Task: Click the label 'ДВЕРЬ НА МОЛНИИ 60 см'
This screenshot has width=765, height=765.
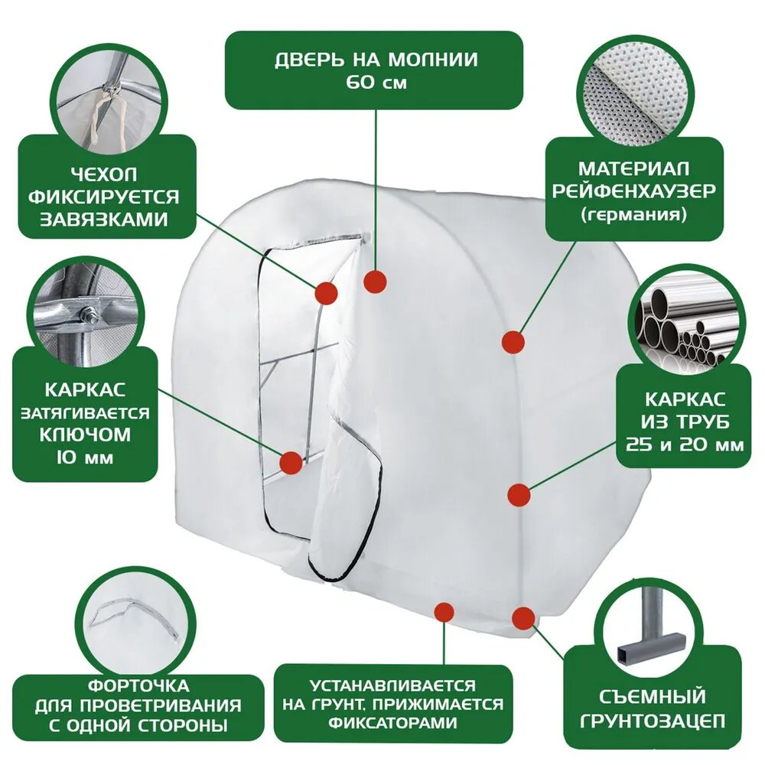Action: pyautogui.click(x=375, y=70)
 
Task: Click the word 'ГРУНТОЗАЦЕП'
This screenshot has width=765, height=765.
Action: pyautogui.click(x=651, y=721)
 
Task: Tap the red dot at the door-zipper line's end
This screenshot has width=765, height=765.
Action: pyautogui.click(x=375, y=282)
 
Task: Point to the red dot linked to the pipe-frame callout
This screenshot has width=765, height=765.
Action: pyautogui.click(x=519, y=494)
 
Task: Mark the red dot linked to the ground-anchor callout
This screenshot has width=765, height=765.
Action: pyautogui.click(x=523, y=617)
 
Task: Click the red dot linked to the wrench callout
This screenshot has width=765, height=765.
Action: pyautogui.click(x=291, y=462)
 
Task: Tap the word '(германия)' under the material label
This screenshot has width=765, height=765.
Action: pyautogui.click(x=633, y=215)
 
